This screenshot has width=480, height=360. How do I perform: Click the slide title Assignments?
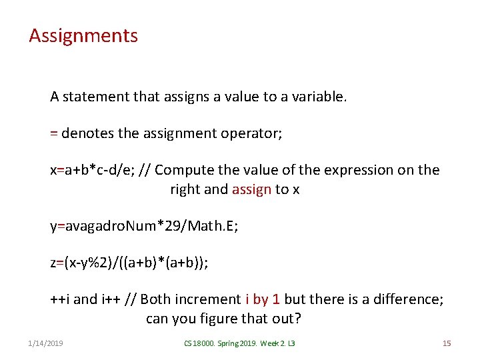pyautogui.click(x=83, y=35)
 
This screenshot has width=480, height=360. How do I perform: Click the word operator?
pyautogui.click(x=254, y=133)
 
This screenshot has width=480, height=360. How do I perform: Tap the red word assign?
pyautogui.click(x=251, y=189)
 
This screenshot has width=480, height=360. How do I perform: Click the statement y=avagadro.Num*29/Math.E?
pyautogui.click(x=144, y=226)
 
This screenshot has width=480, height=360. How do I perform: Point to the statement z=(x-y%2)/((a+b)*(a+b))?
pyautogui.click(x=129, y=263)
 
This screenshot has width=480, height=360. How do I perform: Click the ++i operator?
pyautogui.click(x=60, y=299)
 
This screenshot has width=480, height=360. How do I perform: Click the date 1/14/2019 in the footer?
pyautogui.click(x=46, y=343)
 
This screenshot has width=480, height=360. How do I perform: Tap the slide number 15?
pyautogui.click(x=447, y=343)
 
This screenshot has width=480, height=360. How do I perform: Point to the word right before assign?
pyautogui.click(x=185, y=189)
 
